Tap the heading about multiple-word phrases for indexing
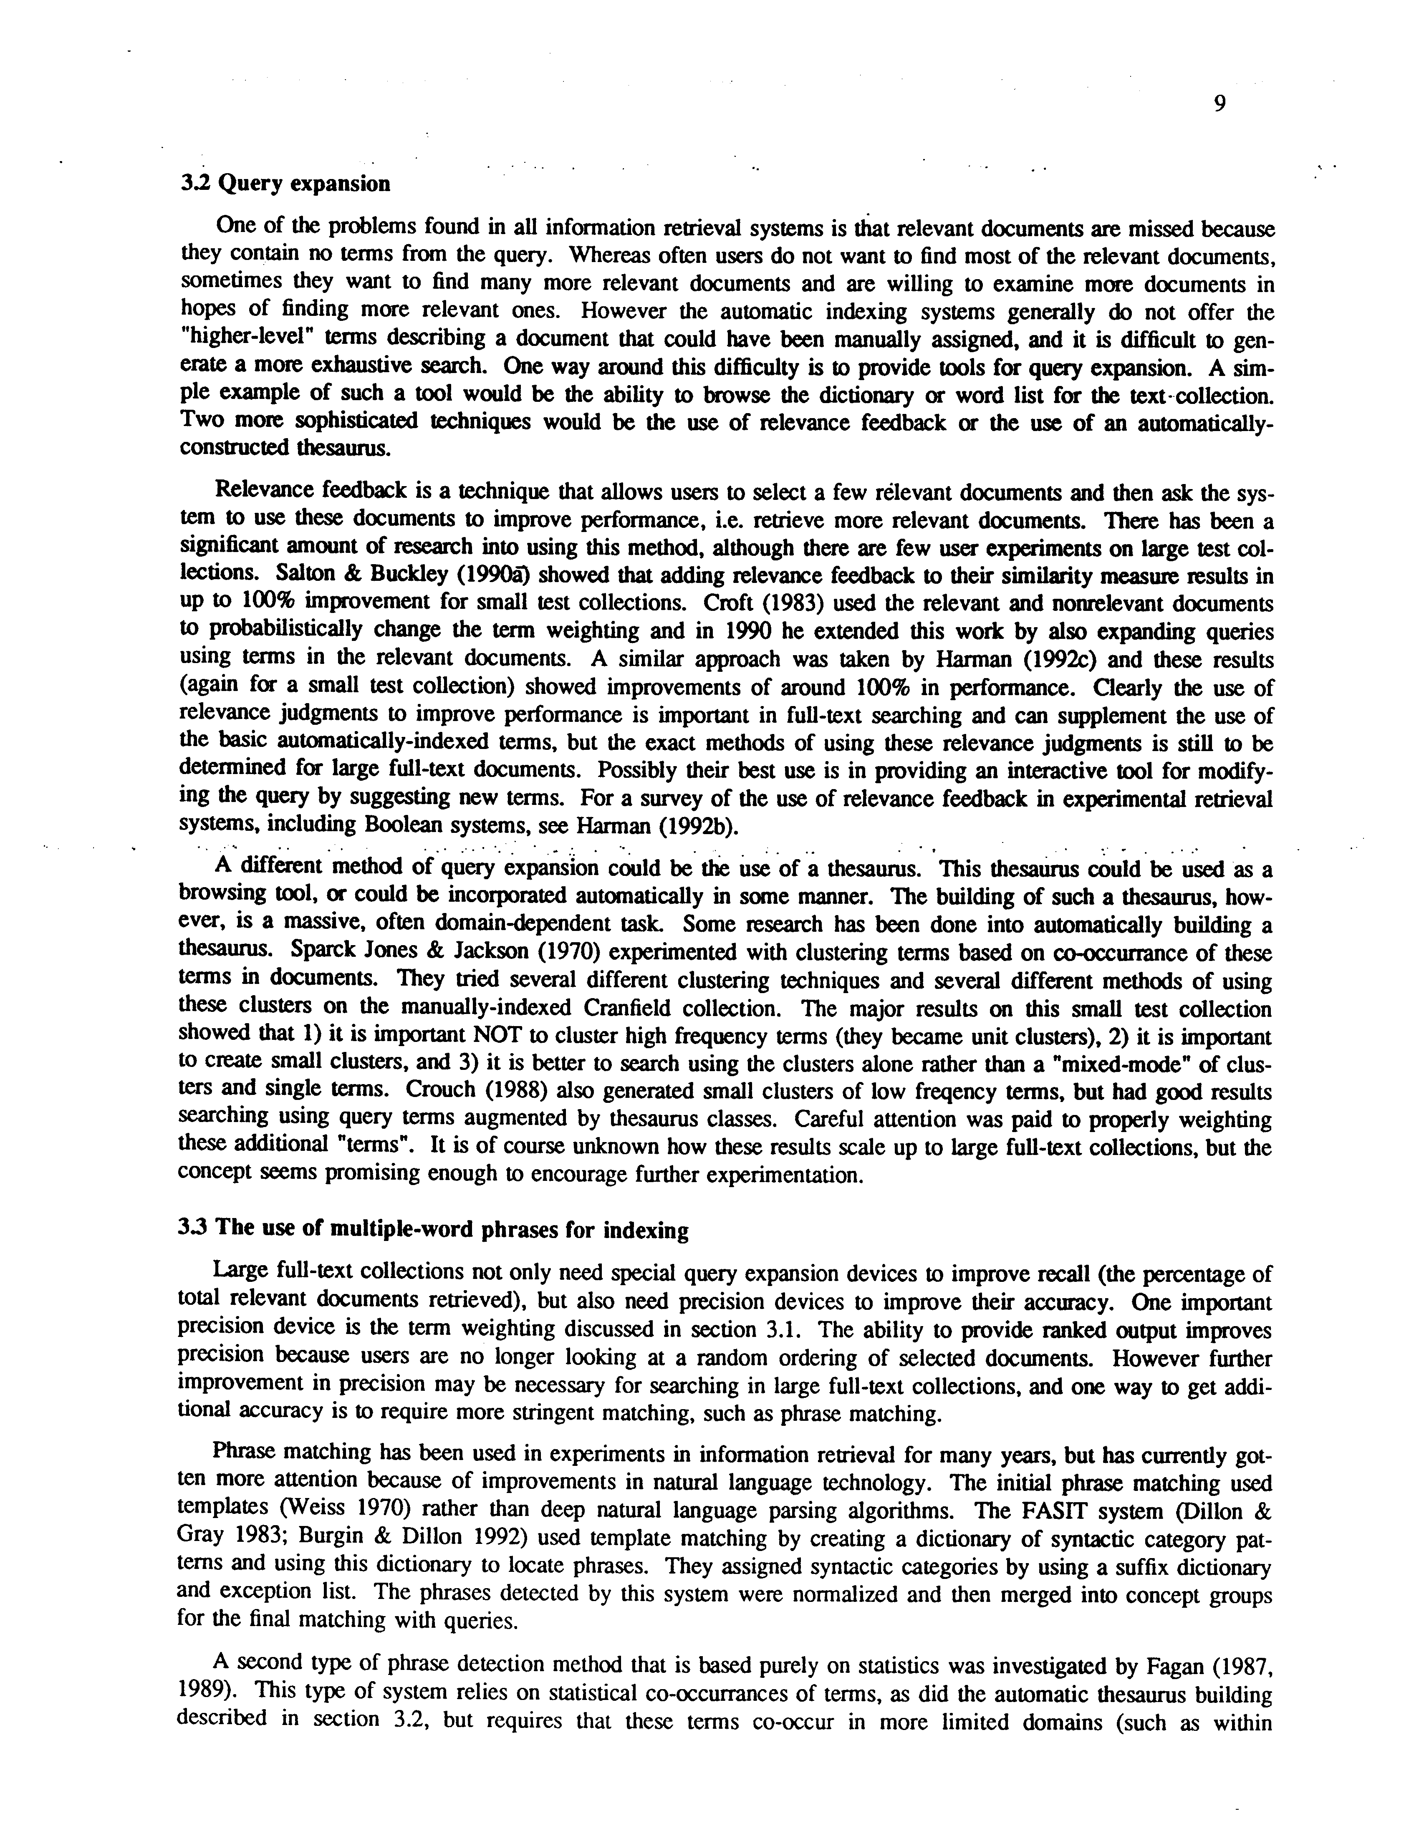[x=434, y=1230]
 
